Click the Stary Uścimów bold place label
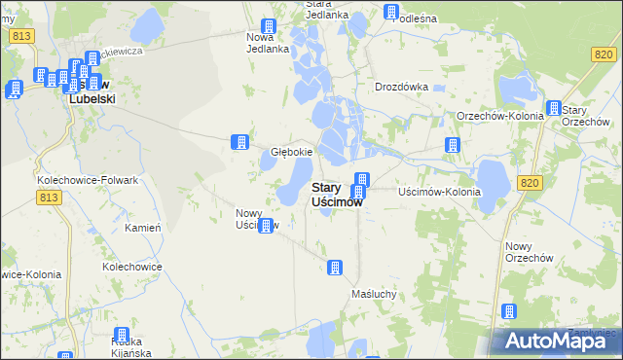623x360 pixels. pos(337,195)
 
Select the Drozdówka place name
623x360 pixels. pos(402,86)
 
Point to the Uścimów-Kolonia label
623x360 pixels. pos(440,192)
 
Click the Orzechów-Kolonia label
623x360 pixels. pos(499,116)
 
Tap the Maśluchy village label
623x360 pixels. pos(374,293)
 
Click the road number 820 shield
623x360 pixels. pos(529,182)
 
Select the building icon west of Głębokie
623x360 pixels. pos(238,142)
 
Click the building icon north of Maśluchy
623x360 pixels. pos(335,267)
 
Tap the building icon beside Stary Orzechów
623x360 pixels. pos(554,108)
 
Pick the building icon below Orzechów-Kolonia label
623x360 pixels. pos(452,145)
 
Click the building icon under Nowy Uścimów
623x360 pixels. pos(265,226)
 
